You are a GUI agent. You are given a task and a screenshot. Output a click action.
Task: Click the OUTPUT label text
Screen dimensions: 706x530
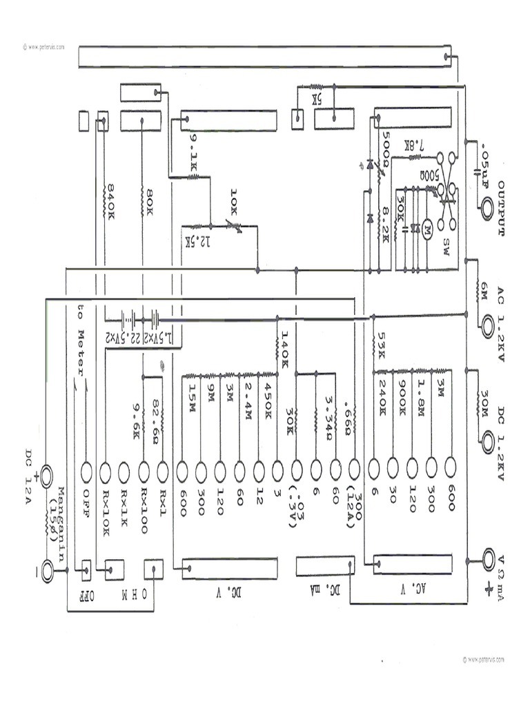click(502, 209)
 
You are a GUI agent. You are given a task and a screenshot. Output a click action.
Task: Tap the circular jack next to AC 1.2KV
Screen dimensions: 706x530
click(489, 323)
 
